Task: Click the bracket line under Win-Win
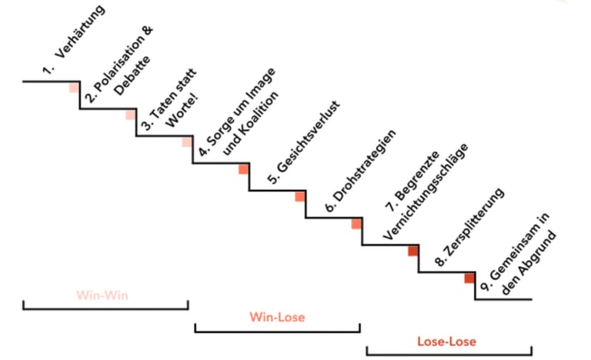tap(105, 308)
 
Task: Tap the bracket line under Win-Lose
tap(277, 332)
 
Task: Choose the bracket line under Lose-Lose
tap(448, 355)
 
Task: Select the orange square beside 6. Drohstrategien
tap(300, 197)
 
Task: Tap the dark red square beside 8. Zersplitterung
tap(413, 251)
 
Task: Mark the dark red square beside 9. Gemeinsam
tap(469, 278)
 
